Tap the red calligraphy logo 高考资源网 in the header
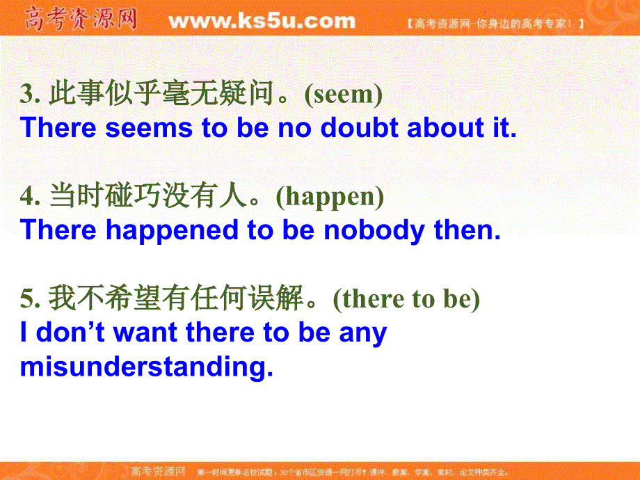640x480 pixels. point(81,19)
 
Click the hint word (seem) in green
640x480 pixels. point(344,95)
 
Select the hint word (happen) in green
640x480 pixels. point(330,197)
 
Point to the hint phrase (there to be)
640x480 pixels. point(406,299)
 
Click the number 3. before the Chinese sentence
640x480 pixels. point(30,93)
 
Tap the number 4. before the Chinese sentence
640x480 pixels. point(30,196)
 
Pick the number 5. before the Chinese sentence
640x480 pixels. point(30,298)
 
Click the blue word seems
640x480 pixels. point(149,128)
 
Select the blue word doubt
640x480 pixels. point(359,127)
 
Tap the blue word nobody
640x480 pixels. point(374,231)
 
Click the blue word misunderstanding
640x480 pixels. point(147,367)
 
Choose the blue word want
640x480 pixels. point(145,333)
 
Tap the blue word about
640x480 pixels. point(445,127)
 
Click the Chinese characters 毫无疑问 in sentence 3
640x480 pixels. point(218,93)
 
